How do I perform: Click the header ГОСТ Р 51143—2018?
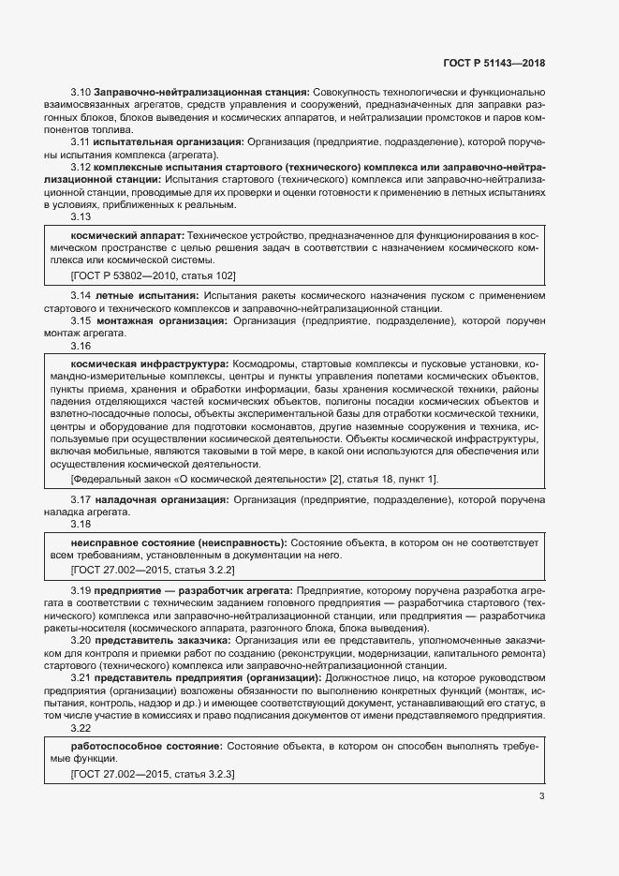(493, 64)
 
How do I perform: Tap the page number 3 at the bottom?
(541, 797)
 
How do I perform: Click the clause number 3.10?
(80, 92)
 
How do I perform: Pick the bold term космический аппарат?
(126, 234)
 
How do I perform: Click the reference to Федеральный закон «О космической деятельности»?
(255, 479)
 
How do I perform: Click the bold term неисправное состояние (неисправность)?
(179, 542)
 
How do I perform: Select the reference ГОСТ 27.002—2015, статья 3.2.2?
(153, 569)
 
